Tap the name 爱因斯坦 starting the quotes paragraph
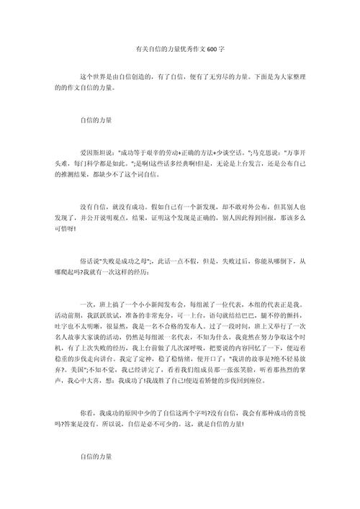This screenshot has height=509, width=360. point(92,153)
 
